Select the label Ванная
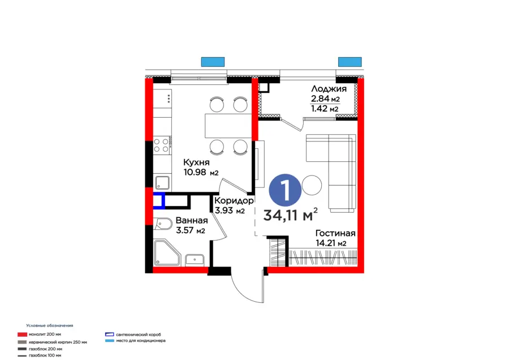pyautogui.click(x=191, y=220)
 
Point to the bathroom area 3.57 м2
pyautogui.click(x=190, y=230)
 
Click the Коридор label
pyautogui.click(x=234, y=200)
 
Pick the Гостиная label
pyautogui.click(x=335, y=233)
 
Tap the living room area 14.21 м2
pyautogui.click(x=331, y=244)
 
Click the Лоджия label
pyautogui.click(x=328, y=89)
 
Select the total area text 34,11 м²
pyautogui.click(x=290, y=215)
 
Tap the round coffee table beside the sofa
pyautogui.click(x=312, y=184)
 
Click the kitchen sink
pyautogui.click(x=163, y=182)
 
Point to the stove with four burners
pyautogui.click(x=162, y=145)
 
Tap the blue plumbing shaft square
pyautogui.click(x=158, y=201)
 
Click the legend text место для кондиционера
pyautogui.click(x=140, y=341)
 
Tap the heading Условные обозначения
pyautogui.click(x=50, y=326)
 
